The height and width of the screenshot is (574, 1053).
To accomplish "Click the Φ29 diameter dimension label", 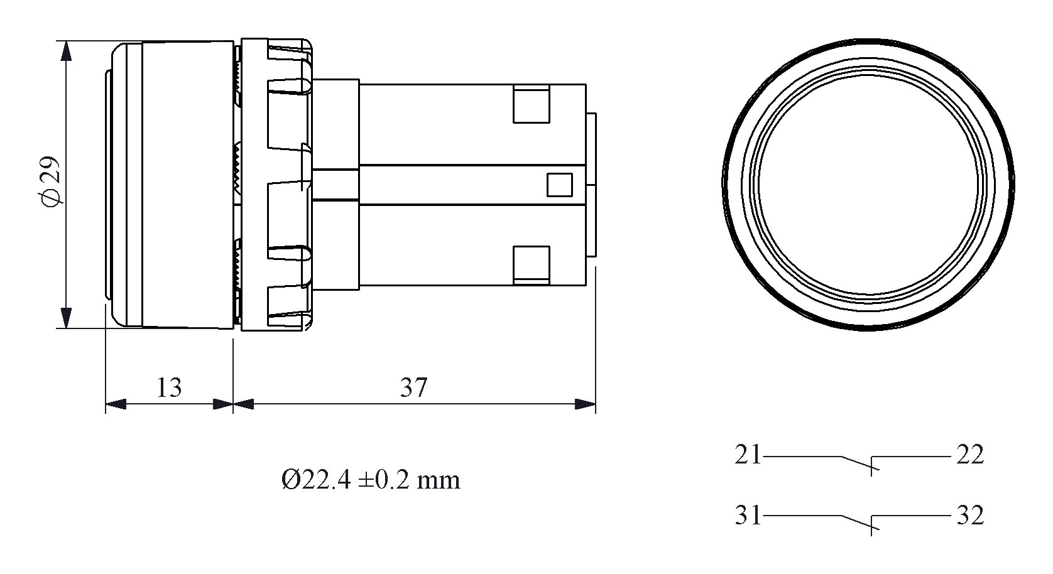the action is click(50, 181).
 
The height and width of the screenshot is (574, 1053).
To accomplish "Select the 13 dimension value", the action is click(169, 387).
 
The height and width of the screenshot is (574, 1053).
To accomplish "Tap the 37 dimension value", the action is click(413, 387).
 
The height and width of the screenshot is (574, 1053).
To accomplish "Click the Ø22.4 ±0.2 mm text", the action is click(371, 480).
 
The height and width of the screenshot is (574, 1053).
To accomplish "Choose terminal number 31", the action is click(748, 515).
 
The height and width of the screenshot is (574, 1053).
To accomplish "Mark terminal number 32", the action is click(970, 515).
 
